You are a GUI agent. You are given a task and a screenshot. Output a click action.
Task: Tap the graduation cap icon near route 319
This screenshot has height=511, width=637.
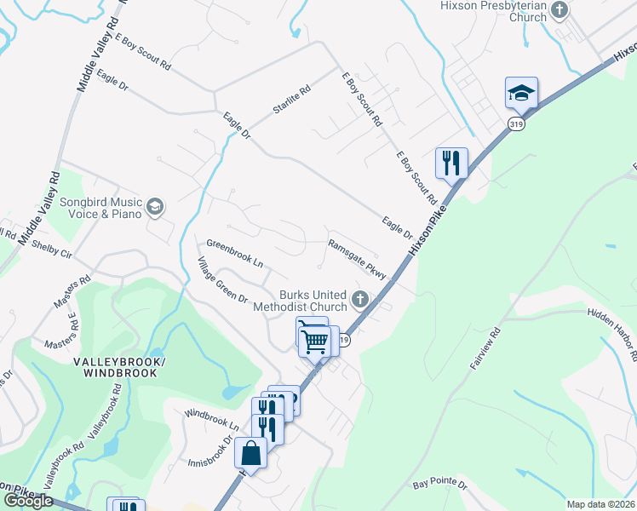[521, 93]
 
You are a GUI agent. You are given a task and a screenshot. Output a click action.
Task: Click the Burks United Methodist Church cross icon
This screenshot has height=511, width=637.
[360, 300]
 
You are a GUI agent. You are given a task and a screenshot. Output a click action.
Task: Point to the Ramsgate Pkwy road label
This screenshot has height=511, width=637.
[358, 259]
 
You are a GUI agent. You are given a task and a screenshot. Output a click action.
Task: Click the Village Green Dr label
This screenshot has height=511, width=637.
[223, 281]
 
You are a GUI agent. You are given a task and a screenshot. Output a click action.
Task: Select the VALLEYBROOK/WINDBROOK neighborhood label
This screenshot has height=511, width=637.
[119, 369]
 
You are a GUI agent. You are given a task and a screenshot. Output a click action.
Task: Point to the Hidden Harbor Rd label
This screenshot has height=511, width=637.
[612, 334]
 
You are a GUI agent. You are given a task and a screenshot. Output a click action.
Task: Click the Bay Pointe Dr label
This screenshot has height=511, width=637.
[440, 484]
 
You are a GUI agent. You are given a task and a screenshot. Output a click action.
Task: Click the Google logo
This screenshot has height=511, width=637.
[28, 501]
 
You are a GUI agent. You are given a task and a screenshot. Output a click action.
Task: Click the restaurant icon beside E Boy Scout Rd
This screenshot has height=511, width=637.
[450, 162]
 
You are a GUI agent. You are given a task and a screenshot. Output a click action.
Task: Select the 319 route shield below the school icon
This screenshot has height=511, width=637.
[516, 124]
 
